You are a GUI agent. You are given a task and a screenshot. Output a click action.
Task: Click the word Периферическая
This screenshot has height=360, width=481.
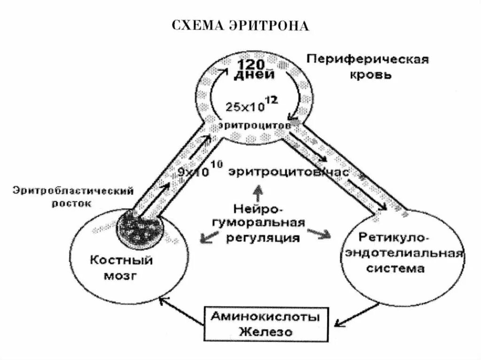pyautogui.click(x=368, y=60)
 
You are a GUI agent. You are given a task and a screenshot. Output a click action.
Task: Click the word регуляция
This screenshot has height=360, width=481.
pyautogui.click(x=260, y=237)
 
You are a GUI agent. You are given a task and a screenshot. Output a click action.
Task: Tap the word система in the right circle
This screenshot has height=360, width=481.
pyautogui.click(x=403, y=269)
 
